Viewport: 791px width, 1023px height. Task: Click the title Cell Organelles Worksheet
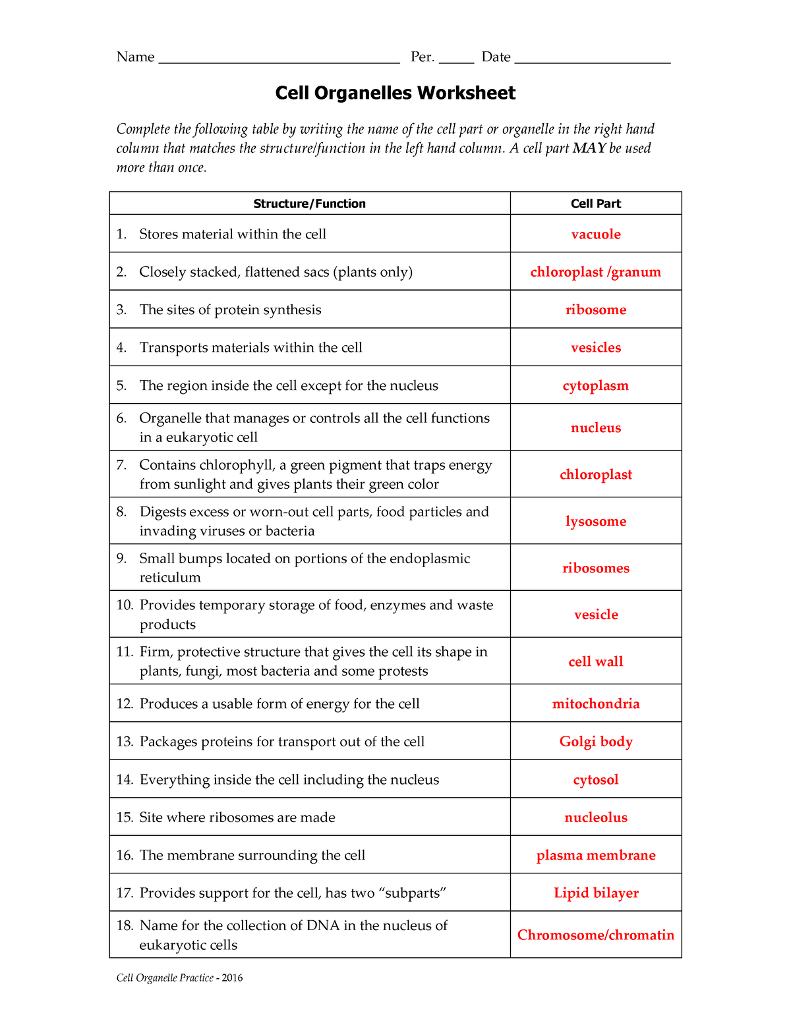click(395, 93)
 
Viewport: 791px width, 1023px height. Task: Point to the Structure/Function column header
click(309, 204)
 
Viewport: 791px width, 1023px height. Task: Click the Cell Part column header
click(596, 204)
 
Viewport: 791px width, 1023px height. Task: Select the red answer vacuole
click(596, 234)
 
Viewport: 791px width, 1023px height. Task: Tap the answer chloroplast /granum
click(595, 272)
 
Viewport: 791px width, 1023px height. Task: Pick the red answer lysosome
click(596, 521)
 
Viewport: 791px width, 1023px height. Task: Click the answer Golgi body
click(596, 742)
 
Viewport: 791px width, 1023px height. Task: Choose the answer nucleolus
click(596, 817)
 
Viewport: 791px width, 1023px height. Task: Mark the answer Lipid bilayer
click(596, 893)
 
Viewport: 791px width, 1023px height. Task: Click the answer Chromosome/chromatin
click(596, 935)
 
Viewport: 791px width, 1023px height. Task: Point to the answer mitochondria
click(596, 704)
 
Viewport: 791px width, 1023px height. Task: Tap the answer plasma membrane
click(596, 855)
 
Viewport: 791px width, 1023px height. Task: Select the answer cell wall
click(596, 661)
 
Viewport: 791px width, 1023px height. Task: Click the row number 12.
click(125, 704)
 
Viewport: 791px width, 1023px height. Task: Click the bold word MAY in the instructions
click(589, 148)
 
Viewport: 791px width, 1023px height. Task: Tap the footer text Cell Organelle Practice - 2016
click(179, 978)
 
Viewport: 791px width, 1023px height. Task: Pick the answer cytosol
click(596, 780)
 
